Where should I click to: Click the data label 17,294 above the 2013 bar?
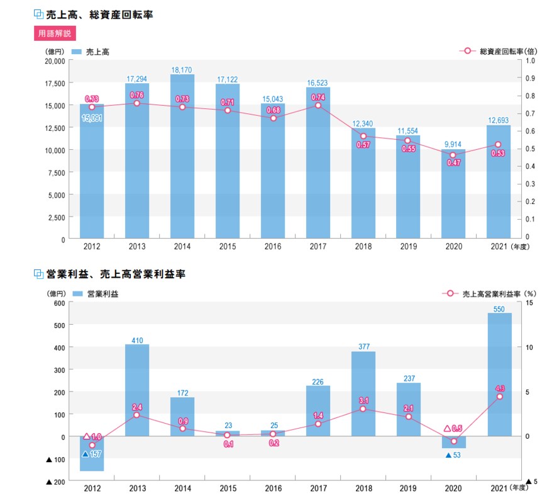tap(136, 79)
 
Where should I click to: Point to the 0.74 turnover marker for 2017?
tap(318, 105)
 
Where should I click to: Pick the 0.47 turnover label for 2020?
tap(453, 163)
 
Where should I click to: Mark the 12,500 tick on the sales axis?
tap(55, 128)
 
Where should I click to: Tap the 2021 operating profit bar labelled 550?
tap(499, 375)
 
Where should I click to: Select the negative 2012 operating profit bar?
tap(92, 454)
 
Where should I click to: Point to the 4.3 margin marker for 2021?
tap(500, 397)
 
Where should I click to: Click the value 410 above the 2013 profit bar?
tap(137, 341)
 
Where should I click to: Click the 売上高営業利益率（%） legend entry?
tap(488, 293)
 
